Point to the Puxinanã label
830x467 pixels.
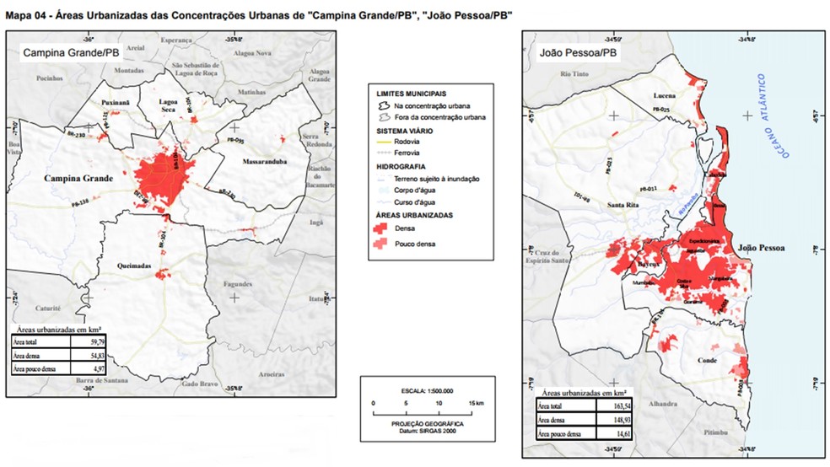116,102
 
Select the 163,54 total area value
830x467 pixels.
617,405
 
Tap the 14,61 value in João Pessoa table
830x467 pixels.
617,432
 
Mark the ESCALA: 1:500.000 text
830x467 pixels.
424,391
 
